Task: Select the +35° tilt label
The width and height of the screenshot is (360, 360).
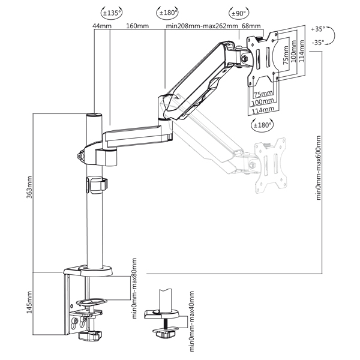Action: (318, 29)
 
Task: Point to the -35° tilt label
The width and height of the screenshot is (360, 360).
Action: (318, 42)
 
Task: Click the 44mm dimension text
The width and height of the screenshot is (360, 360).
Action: (101, 26)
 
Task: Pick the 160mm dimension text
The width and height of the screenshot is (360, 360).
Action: (137, 26)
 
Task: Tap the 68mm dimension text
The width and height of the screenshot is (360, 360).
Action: (250, 26)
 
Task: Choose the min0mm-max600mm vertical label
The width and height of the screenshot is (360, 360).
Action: (319, 167)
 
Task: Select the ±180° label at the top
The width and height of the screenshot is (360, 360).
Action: (166, 11)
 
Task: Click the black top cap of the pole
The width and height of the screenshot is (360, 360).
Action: (94, 114)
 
